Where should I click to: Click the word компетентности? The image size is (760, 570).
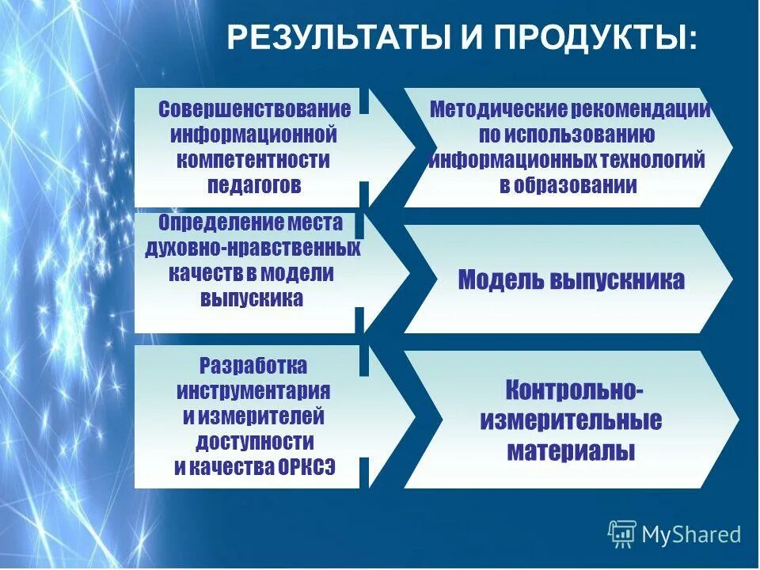coord(253,161)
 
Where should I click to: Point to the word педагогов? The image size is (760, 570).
coord(253,186)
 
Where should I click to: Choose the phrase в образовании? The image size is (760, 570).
coord(568,186)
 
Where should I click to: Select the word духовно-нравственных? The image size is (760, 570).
coord(253,249)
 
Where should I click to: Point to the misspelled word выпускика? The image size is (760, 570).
coord(252,299)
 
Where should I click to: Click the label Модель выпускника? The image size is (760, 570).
coord(571,280)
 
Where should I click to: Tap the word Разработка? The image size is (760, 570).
coord(253,367)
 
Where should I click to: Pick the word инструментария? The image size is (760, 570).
coord(253,392)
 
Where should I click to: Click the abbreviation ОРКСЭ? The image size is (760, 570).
coord(306,467)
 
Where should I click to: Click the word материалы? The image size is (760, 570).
coord(571,452)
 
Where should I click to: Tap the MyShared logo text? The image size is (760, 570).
coord(691,534)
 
